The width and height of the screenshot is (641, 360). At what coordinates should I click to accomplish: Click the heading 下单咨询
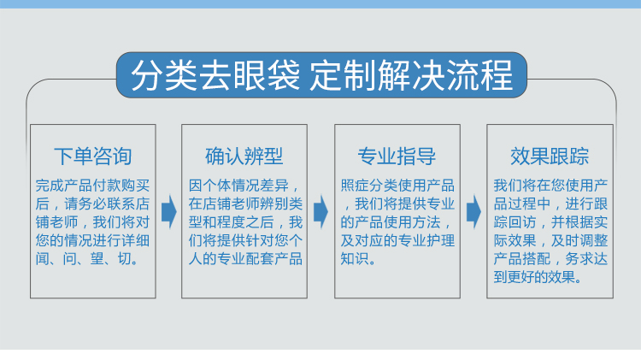pos(93,156)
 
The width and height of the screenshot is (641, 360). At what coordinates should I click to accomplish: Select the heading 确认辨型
pos(244,156)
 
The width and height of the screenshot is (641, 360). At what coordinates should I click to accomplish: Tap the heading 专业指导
pos(397,156)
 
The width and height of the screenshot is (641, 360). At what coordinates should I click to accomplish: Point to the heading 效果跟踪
pos(550,156)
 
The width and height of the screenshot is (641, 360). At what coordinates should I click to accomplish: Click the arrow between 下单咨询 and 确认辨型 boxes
pos(169,212)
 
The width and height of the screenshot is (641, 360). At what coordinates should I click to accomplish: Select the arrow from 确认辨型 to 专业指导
pos(320,212)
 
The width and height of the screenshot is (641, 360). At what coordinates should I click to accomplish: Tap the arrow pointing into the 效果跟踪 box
pos(473,212)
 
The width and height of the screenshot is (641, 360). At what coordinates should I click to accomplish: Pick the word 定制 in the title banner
pos(343,75)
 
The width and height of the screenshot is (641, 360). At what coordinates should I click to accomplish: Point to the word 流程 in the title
pos(479,75)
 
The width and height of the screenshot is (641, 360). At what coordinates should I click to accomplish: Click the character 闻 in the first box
pos(42,259)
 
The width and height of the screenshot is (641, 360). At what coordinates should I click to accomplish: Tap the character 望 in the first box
pos(97,259)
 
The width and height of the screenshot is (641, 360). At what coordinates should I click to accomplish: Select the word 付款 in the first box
pos(107,186)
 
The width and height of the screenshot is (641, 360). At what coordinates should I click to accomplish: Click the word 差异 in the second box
pos(274,186)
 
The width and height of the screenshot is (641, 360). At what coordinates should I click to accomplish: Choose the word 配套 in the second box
pos(260,259)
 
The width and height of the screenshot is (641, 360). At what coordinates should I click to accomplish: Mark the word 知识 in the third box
pos(355,259)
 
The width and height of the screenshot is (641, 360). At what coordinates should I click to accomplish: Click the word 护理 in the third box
pos(441,240)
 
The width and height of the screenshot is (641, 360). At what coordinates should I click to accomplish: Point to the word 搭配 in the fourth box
pos(537,259)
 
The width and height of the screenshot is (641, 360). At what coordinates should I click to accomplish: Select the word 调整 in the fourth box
pos(594,240)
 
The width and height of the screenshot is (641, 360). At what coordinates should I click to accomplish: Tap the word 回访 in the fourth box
pos(522,222)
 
